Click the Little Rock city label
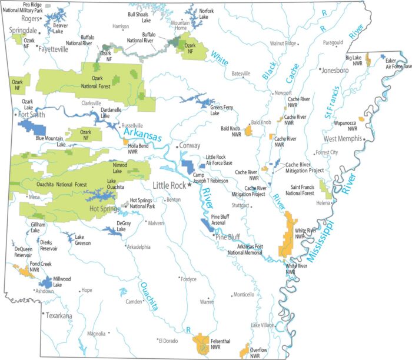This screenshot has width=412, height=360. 170,185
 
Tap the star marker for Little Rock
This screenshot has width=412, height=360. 190,185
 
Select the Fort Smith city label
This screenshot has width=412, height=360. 32,115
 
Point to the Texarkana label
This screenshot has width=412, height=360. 59,316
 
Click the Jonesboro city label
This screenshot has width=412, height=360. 335,70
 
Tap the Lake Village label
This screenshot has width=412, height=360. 263,325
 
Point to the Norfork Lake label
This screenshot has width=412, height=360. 206,14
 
